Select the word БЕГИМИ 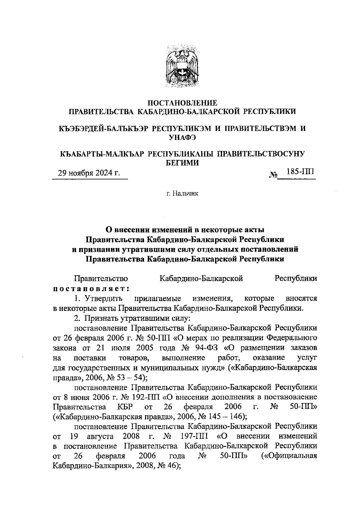point(182,163)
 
